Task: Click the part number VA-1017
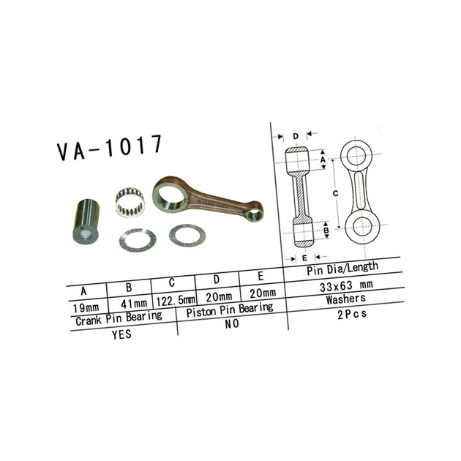click(x=110, y=147)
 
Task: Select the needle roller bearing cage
click(x=130, y=202)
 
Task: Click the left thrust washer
click(x=138, y=240)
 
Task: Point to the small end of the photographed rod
click(x=255, y=212)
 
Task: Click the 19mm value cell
click(x=86, y=308)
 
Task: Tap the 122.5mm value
click(x=176, y=301)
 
